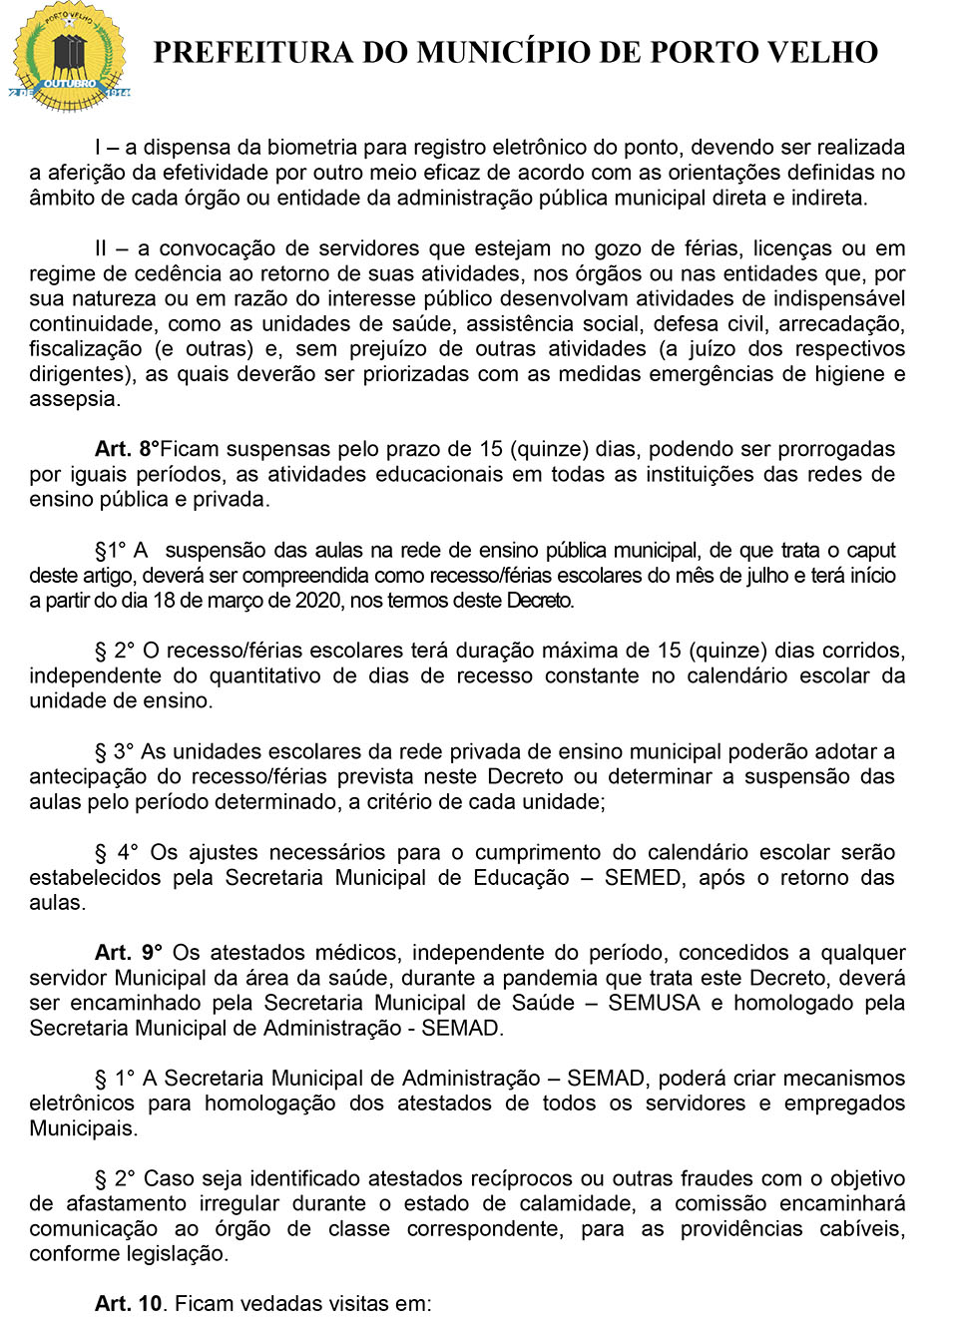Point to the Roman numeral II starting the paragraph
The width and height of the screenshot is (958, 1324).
101,248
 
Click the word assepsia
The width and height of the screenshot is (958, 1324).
75,399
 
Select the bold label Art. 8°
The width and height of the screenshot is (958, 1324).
127,449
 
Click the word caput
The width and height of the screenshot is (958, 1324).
870,550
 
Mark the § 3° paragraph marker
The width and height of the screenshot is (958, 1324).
114,751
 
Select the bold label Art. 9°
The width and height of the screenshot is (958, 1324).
129,953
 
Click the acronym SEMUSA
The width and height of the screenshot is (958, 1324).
654,1003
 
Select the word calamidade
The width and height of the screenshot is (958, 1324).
576,1203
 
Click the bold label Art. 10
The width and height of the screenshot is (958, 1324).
130,1304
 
